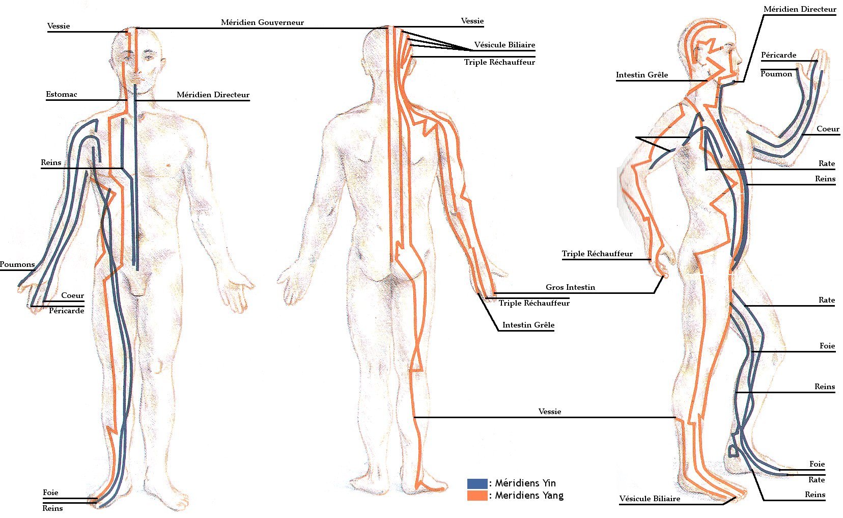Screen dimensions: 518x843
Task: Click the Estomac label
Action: tap(61, 94)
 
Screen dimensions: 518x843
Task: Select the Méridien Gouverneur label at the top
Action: tap(262, 22)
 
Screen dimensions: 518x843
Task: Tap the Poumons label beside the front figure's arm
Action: tap(17, 264)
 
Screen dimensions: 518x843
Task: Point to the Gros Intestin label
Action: tap(570, 287)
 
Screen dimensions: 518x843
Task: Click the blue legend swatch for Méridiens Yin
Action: tap(477, 483)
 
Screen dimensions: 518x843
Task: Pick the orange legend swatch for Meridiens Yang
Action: tap(477, 495)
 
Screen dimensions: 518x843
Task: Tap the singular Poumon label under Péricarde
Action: tap(776, 74)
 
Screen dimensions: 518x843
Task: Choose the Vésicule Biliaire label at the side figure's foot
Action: tap(650, 499)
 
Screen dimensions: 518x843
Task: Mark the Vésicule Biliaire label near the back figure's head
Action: tap(504, 45)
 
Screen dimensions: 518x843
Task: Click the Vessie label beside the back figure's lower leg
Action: tap(550, 412)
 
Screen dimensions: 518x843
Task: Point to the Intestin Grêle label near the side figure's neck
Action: tap(642, 75)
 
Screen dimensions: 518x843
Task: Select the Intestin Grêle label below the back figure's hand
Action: tap(528, 325)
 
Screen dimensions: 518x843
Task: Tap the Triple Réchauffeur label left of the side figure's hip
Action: tap(597, 254)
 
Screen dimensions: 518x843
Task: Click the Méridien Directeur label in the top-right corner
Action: tap(800, 9)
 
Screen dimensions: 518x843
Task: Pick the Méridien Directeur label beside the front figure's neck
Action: tap(213, 95)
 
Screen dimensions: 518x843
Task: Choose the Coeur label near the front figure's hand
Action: tap(72, 295)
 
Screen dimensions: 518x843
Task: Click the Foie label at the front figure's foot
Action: tap(50, 493)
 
